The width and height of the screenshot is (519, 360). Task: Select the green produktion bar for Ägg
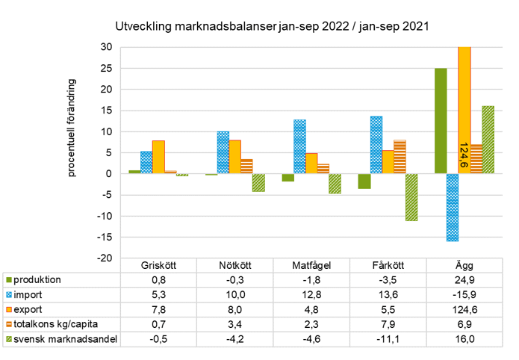point(441,121)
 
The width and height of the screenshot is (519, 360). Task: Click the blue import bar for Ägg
point(453,208)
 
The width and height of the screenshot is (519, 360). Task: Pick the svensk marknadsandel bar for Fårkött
point(412,197)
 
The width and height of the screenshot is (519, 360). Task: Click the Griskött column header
point(158,266)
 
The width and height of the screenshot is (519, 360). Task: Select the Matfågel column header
point(311,266)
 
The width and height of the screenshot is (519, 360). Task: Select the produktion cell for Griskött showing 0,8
point(158,279)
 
